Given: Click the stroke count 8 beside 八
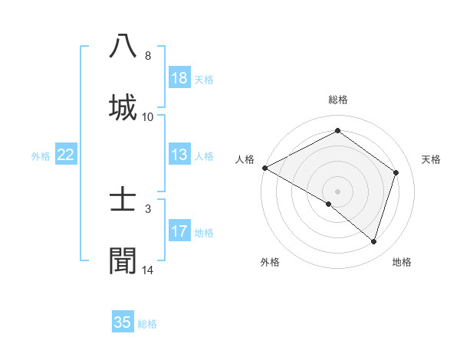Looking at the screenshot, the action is [148, 56].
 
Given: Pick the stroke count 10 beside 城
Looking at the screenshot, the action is [148, 117].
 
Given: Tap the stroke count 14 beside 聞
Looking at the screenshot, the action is [148, 270].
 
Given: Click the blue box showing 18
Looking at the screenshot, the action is [179, 78].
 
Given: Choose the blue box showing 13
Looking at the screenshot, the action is [179, 155].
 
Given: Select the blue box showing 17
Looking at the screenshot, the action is [179, 231].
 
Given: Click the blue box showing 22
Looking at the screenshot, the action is [66, 155].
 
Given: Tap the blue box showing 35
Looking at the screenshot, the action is [123, 322].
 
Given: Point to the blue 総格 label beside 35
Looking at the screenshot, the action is [147, 324].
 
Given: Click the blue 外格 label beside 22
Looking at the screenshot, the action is [41, 156].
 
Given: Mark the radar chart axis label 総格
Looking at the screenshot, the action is [337, 100].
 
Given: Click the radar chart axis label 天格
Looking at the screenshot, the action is [431, 159].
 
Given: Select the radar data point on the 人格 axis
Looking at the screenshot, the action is [264, 168].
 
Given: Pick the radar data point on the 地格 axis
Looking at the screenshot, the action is [373, 241].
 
